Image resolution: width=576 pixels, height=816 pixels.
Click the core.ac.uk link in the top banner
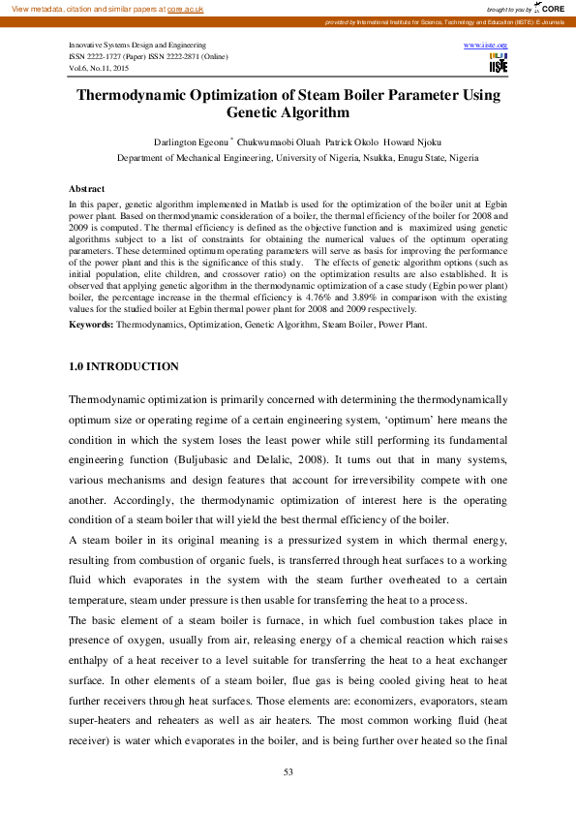tap(187, 9)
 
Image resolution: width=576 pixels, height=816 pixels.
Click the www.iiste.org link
tap(486, 46)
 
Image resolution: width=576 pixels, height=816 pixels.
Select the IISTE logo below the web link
tap(499, 64)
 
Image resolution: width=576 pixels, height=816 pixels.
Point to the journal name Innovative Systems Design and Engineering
tap(136, 46)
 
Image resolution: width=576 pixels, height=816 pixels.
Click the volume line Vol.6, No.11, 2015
tap(98, 69)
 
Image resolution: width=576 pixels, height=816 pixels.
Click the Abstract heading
tap(87, 188)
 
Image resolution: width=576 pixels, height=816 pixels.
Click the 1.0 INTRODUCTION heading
tap(124, 366)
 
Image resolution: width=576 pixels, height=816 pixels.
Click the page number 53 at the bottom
tap(288, 771)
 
